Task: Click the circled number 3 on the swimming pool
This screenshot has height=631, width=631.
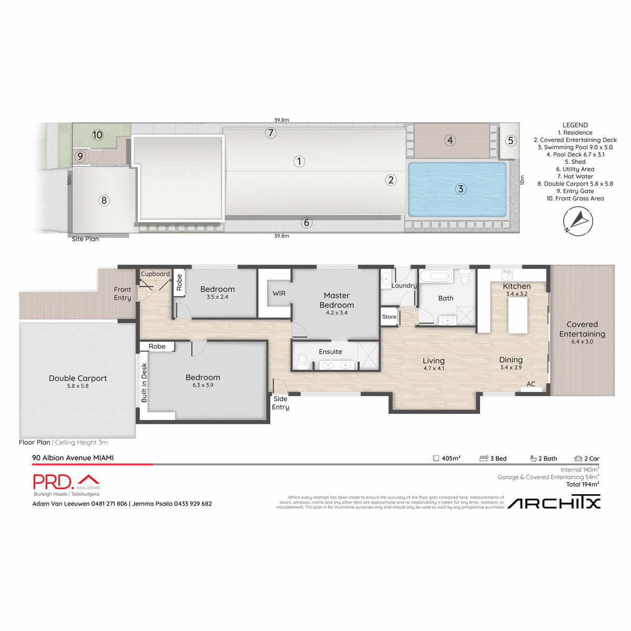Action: (461, 189)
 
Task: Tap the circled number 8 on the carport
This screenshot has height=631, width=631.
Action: (104, 200)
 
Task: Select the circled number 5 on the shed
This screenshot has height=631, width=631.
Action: (510, 140)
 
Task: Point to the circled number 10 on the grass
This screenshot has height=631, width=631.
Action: (97, 135)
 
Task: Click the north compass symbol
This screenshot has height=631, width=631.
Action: (577, 221)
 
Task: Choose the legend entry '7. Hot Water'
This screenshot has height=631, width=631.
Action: (575, 177)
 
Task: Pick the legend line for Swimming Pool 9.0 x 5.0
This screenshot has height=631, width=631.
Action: (575, 147)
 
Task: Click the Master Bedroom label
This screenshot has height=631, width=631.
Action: (337, 300)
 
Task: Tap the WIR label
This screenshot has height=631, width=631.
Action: (279, 293)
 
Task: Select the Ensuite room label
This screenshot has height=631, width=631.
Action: (330, 352)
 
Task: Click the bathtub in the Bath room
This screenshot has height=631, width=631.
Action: (436, 276)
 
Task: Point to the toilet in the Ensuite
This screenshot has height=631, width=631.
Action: (302, 361)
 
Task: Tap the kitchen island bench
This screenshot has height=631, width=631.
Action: (517, 315)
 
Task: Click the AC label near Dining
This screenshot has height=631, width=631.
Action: (531, 384)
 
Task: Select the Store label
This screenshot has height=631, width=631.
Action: (389, 317)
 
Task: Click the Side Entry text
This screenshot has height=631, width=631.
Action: (280, 403)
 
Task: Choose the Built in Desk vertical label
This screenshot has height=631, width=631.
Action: (144, 383)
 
